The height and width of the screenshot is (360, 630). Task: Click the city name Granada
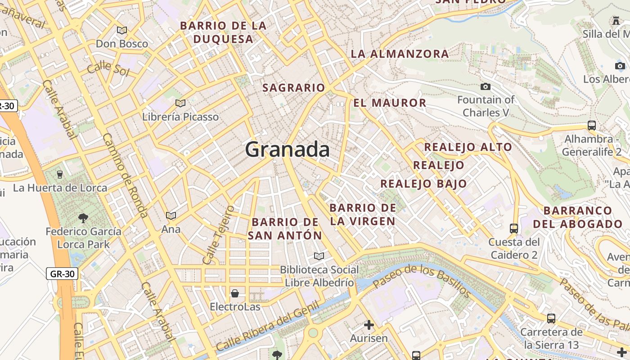tap(287, 149)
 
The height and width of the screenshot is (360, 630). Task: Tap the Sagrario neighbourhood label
tap(293, 87)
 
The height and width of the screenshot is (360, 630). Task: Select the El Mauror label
tap(390, 103)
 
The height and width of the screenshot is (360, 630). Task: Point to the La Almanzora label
tap(400, 54)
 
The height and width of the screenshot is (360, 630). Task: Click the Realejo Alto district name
tap(468, 147)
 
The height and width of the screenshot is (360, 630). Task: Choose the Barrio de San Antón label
tap(285, 229)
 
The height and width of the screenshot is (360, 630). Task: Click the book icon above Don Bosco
tap(121, 30)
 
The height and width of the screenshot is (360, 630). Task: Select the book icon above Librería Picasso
tap(180, 103)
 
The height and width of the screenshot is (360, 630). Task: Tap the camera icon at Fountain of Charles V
tap(485, 86)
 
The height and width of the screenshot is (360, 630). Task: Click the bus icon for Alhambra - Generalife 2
tap(592, 125)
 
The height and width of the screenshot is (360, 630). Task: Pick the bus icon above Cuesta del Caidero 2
tap(514, 228)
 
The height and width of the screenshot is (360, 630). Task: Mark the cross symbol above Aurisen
tap(369, 324)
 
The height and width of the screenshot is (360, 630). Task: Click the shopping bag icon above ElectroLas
tap(234, 293)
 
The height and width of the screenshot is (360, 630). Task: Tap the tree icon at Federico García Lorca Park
tap(83, 218)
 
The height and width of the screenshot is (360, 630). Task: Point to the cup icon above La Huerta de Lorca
tap(60, 174)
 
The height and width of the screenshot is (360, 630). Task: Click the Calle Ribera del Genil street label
tap(267, 326)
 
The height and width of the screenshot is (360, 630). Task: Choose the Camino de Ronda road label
tap(125, 175)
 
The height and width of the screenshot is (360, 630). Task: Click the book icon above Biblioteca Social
tap(319, 256)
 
